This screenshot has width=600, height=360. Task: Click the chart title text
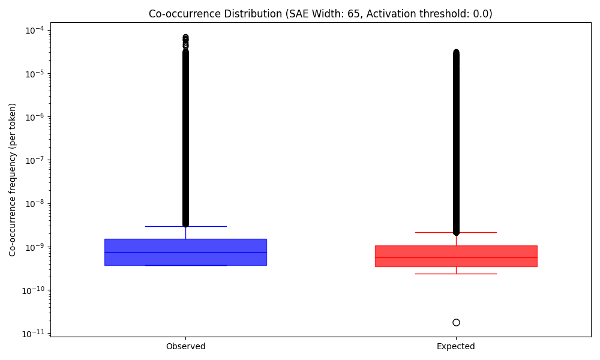(320, 13)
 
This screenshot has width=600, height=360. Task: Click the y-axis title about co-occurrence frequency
(13, 179)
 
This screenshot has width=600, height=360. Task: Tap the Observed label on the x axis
(185, 346)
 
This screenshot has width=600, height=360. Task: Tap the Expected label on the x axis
(456, 346)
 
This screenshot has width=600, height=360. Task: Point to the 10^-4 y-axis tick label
(34, 31)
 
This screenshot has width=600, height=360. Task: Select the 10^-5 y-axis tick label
(34, 74)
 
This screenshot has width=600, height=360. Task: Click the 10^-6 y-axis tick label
(34, 117)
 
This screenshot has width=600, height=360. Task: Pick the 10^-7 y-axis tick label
(34, 160)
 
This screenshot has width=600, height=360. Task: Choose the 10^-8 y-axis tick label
(34, 204)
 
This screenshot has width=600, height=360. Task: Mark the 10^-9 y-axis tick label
(34, 247)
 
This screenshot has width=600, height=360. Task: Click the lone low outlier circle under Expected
(456, 322)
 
